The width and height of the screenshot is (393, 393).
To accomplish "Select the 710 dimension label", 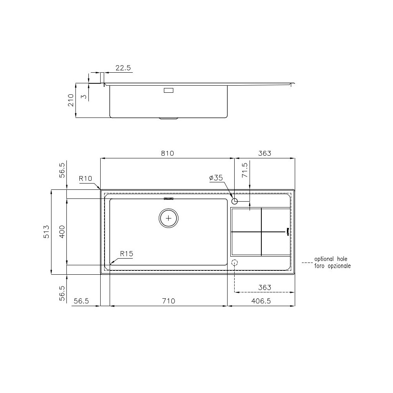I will point(168,301).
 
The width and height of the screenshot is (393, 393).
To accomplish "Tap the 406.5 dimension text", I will point(261,301).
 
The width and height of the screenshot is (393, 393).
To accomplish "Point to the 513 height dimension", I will point(46,232).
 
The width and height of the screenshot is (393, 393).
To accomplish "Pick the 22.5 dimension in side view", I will point(123,68).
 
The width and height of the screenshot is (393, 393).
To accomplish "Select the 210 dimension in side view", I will point(71,100).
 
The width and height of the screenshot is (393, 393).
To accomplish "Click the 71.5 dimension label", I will point(245,170).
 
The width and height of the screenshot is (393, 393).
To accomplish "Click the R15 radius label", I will point(127,254).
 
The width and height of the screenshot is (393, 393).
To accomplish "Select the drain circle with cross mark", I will point(169,218).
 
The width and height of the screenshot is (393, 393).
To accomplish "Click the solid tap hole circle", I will point(235,202).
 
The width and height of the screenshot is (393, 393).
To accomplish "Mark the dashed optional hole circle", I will point(235,263).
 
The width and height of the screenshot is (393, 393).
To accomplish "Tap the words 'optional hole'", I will point(331,259).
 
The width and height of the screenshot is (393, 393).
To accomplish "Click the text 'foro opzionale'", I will point(332,266).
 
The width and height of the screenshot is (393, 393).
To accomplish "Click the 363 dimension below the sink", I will point(265,287).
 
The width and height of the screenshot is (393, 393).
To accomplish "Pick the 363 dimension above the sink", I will point(265,153).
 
